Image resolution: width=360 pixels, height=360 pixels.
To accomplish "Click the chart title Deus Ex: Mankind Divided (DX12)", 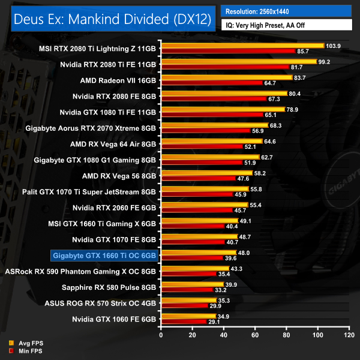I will [x=112, y=20].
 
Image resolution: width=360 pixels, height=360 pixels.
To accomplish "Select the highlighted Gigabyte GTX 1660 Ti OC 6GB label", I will [x=105, y=257].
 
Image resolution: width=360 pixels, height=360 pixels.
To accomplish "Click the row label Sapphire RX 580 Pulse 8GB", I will [x=113, y=287].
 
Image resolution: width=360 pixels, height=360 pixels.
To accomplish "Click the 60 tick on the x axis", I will [x=254, y=335].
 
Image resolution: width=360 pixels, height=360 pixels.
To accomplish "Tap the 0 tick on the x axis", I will [x=161, y=335].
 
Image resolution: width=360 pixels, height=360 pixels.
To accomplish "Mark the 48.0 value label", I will [x=244, y=253].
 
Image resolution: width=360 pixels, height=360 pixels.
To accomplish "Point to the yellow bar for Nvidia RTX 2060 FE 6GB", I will [x=204, y=205].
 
